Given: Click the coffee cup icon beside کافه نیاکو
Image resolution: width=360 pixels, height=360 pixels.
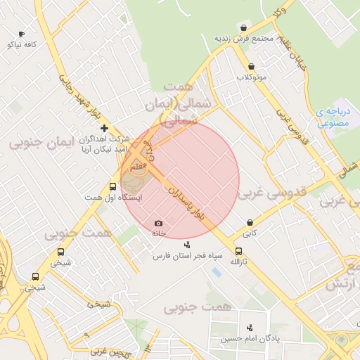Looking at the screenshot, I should [21, 34].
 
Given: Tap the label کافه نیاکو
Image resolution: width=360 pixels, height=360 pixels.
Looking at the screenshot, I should [21, 44].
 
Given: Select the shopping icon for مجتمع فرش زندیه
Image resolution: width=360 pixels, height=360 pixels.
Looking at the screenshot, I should [243, 27].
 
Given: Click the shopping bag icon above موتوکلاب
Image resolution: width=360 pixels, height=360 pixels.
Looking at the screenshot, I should [250, 66].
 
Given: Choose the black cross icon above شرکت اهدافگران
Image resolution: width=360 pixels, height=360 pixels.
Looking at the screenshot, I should [105, 128].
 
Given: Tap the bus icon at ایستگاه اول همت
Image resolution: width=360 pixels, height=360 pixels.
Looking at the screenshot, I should [112, 186].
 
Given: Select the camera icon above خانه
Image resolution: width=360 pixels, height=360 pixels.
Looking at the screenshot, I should [158, 223].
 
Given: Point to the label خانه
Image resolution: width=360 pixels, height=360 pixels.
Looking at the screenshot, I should [158, 233].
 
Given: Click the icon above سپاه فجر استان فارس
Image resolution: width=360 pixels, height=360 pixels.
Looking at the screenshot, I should [187, 245].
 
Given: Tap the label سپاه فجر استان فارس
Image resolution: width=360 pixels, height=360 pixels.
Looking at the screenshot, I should [188, 256].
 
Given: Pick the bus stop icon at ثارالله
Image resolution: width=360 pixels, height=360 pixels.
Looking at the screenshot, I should [239, 250].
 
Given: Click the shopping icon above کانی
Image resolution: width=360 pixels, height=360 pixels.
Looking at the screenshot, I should [250, 221].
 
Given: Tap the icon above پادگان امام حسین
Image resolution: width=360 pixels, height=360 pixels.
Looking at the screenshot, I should [250, 328].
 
